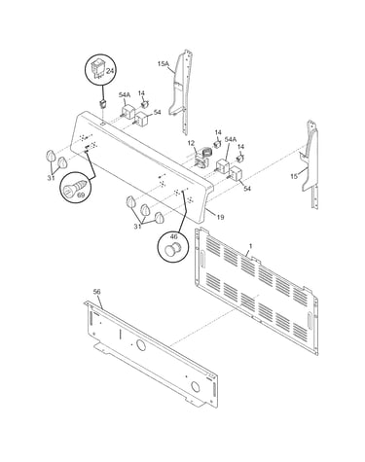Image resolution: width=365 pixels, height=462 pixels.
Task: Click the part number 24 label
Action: click(x=110, y=71)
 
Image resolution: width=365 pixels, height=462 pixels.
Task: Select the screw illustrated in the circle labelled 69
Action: click(x=74, y=189)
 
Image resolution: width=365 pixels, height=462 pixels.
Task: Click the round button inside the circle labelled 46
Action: click(x=172, y=249)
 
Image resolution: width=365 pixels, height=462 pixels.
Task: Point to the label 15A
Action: click(x=164, y=64)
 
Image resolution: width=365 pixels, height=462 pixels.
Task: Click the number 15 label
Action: click(x=294, y=176)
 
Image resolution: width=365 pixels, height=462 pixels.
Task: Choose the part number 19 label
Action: click(x=220, y=217)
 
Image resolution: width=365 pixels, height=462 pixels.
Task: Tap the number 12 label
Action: click(x=191, y=143)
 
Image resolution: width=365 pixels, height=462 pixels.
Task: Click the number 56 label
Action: click(x=96, y=292)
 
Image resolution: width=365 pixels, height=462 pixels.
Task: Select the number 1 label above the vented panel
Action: click(x=250, y=246)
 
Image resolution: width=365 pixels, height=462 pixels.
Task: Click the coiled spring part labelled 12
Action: click(x=204, y=153)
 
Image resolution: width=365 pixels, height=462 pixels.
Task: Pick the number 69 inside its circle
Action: click(x=81, y=195)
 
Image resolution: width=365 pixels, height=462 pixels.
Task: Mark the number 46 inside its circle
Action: click(x=172, y=238)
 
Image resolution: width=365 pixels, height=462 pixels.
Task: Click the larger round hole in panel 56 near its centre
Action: click(x=140, y=345)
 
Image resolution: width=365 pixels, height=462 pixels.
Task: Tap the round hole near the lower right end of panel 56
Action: click(x=195, y=386)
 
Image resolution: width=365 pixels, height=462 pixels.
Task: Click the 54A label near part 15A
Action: click(x=125, y=94)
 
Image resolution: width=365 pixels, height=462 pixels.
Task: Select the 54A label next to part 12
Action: click(x=231, y=139)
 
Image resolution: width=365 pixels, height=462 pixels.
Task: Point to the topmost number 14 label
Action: click(x=141, y=93)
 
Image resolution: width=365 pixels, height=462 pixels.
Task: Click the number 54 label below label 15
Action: click(x=247, y=188)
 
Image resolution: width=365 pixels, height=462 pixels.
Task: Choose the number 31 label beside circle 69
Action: click(x=50, y=177)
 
